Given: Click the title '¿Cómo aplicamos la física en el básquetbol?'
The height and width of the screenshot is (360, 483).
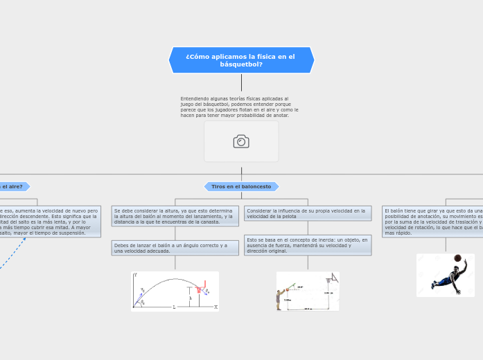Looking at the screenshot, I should (x=241, y=60).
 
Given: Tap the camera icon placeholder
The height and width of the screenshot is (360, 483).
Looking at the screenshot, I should (x=241, y=141).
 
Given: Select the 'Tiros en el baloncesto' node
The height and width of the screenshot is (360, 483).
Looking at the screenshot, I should (x=241, y=186).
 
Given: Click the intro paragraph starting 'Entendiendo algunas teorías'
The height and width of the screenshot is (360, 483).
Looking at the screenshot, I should (x=239, y=107).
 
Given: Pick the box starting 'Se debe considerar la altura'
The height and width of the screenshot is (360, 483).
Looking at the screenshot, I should (x=175, y=216).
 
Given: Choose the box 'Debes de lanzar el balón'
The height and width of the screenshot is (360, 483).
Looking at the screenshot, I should (x=175, y=248).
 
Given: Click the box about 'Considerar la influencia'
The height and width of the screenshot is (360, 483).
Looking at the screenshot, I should (x=308, y=213).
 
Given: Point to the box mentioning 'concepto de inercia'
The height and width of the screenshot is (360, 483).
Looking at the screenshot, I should (x=308, y=245).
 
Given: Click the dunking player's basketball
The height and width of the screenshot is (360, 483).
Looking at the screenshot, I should (x=458, y=258).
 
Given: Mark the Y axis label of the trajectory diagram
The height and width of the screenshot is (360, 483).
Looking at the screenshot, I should (x=137, y=276).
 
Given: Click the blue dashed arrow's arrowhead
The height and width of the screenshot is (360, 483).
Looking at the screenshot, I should (x=24, y=239).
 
